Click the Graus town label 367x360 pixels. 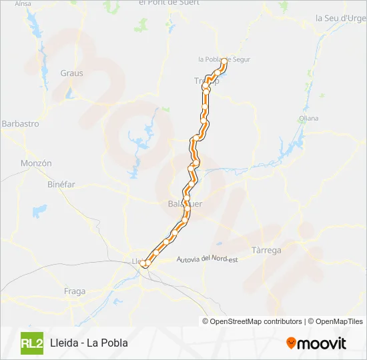tap(71, 73)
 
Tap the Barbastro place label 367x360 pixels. tap(21, 124)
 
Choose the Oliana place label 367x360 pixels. tap(309, 119)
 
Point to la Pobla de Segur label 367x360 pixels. tap(224, 59)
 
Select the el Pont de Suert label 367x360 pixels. tap(169, 3)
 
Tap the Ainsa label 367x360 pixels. tap(23, 3)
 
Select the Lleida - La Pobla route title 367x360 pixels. tap(89, 343)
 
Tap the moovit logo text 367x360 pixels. tap(322, 344)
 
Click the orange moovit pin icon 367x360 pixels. tap(292, 343)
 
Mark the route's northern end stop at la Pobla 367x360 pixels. tap(224, 61)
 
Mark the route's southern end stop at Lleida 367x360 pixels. tap(144, 264)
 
